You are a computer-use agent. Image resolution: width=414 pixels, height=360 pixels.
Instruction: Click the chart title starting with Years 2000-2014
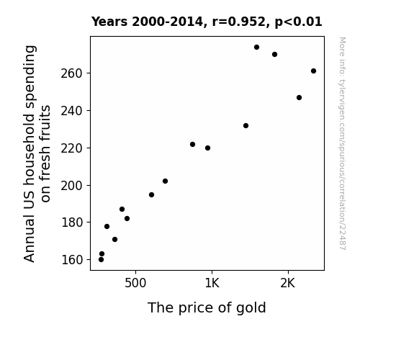coord(207,22)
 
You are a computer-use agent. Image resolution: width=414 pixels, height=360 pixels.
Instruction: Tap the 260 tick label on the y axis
coord(72,73)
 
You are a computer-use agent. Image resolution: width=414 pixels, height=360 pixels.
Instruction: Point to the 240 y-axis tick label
coord(72,111)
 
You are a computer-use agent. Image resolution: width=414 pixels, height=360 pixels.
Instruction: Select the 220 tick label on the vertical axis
coord(72,148)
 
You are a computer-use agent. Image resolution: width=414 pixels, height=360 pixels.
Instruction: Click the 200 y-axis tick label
coord(72,186)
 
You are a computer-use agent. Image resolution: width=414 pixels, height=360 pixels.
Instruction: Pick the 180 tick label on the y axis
coord(72,222)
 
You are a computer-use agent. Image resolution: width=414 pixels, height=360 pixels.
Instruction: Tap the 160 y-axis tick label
coord(72,260)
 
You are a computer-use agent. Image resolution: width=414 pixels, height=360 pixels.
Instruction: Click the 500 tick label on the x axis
coord(135,284)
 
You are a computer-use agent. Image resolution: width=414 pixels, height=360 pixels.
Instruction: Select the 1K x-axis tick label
coord(212,284)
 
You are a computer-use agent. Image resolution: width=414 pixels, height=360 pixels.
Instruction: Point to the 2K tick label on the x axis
coord(287,284)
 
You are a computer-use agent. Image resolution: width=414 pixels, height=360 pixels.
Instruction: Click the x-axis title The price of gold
coord(207,308)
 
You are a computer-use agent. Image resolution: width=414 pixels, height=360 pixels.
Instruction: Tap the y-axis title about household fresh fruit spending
coord(37,153)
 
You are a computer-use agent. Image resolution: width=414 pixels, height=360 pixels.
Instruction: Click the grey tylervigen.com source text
coord(342,143)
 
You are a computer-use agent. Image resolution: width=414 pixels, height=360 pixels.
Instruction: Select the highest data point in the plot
coord(256,48)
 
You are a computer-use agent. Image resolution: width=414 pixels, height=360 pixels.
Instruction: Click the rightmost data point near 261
coord(313,71)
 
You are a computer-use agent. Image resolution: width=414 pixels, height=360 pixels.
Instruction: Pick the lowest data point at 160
coord(101,260)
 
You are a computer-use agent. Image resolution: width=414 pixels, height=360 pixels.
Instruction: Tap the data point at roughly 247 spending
coord(299,98)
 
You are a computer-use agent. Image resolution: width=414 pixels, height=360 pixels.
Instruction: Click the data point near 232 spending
coord(246,126)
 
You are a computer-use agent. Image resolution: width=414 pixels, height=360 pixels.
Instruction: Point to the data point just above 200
coord(166,181)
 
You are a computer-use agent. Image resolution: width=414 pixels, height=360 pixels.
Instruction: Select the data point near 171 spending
coord(115,240)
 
